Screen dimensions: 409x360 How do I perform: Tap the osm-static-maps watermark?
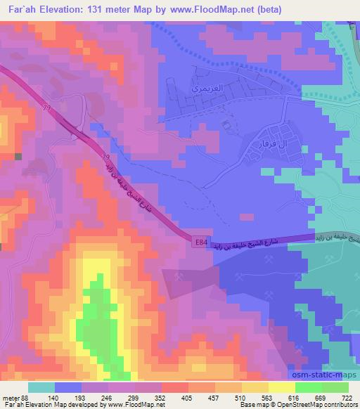pyautogui.click(x=330, y=376)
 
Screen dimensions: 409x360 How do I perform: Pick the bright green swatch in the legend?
pyautogui.click(x=309, y=387)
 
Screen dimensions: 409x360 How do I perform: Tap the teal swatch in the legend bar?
pyautogui.click(x=41, y=387)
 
